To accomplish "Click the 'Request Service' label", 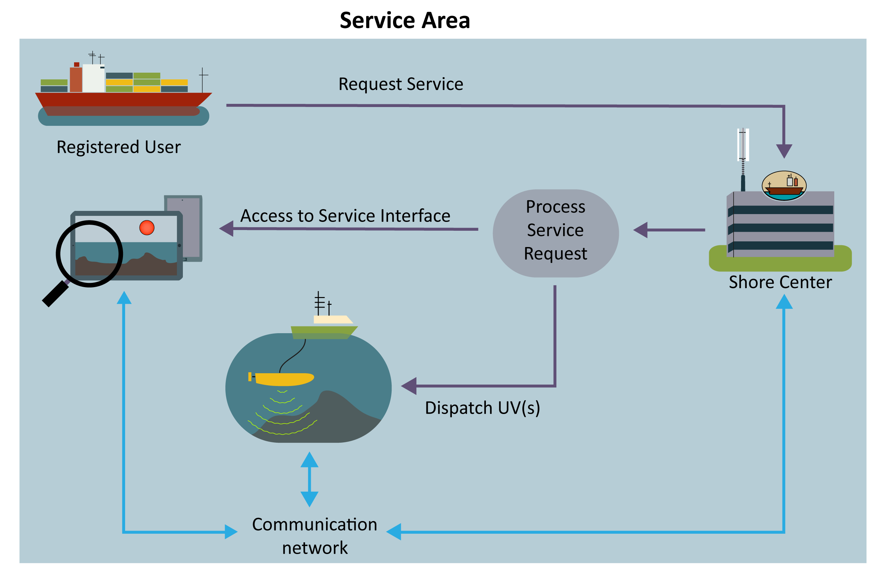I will (x=400, y=84).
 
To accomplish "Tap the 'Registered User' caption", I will (x=118, y=147).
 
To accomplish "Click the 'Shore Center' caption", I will (x=780, y=282).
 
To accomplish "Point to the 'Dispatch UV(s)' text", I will (x=482, y=408).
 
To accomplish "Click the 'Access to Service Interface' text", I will (x=345, y=216).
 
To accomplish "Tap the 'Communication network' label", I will (x=315, y=536).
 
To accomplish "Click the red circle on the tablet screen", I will (x=147, y=228).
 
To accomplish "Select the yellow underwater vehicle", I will (x=283, y=379).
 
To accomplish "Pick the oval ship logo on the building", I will (x=784, y=185).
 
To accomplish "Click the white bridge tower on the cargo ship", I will (x=93, y=78).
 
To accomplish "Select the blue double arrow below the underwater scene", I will (x=309, y=479).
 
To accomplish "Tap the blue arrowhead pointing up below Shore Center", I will (x=784, y=302).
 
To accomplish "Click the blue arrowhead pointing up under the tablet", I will (x=124, y=298).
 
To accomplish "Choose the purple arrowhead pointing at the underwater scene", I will (x=409, y=386).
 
